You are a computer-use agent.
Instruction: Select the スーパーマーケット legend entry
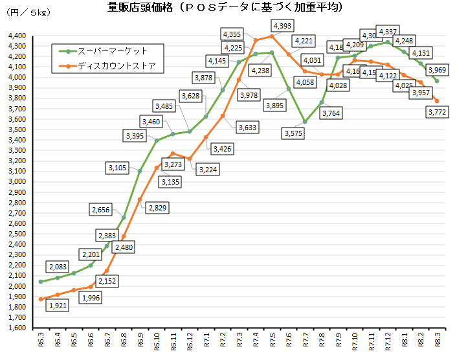(113, 51)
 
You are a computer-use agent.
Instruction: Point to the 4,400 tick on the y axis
(17, 36)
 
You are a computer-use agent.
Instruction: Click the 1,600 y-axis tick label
(17, 328)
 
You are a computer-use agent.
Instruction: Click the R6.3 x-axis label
(41, 341)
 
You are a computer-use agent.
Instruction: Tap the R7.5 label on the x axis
(272, 341)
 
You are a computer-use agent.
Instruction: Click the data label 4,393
(282, 25)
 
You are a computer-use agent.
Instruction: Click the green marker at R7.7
(304, 122)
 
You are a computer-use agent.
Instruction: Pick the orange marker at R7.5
(272, 36)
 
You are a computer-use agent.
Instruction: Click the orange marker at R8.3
(437, 101)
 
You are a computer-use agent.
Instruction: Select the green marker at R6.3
(41, 282)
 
